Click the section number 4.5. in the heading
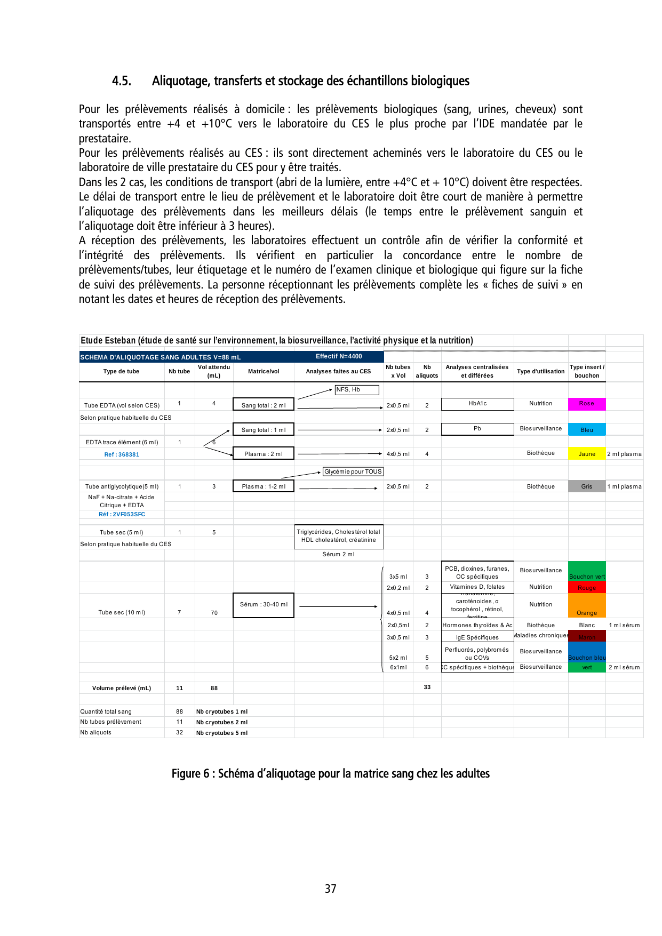[x=121, y=81]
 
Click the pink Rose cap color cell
[x=586, y=404]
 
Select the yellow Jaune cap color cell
[x=586, y=454]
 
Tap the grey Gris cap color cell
[x=586, y=486]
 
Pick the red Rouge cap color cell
[x=586, y=587]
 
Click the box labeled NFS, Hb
[x=356, y=390]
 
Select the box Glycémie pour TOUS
[x=353, y=471]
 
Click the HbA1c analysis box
[x=477, y=404]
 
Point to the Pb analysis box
[x=477, y=429]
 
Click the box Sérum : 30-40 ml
[x=264, y=605]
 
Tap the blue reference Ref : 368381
[x=122, y=454]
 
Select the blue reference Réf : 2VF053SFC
[x=122, y=514]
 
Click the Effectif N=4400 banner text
[x=339, y=356]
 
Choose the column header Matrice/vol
[x=264, y=371]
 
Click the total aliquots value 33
[x=427, y=687]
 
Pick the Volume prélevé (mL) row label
[x=122, y=688]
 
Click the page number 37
[x=331, y=889]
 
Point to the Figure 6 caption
[x=330, y=773]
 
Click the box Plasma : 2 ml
[x=264, y=454]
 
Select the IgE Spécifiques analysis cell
[x=477, y=637]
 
